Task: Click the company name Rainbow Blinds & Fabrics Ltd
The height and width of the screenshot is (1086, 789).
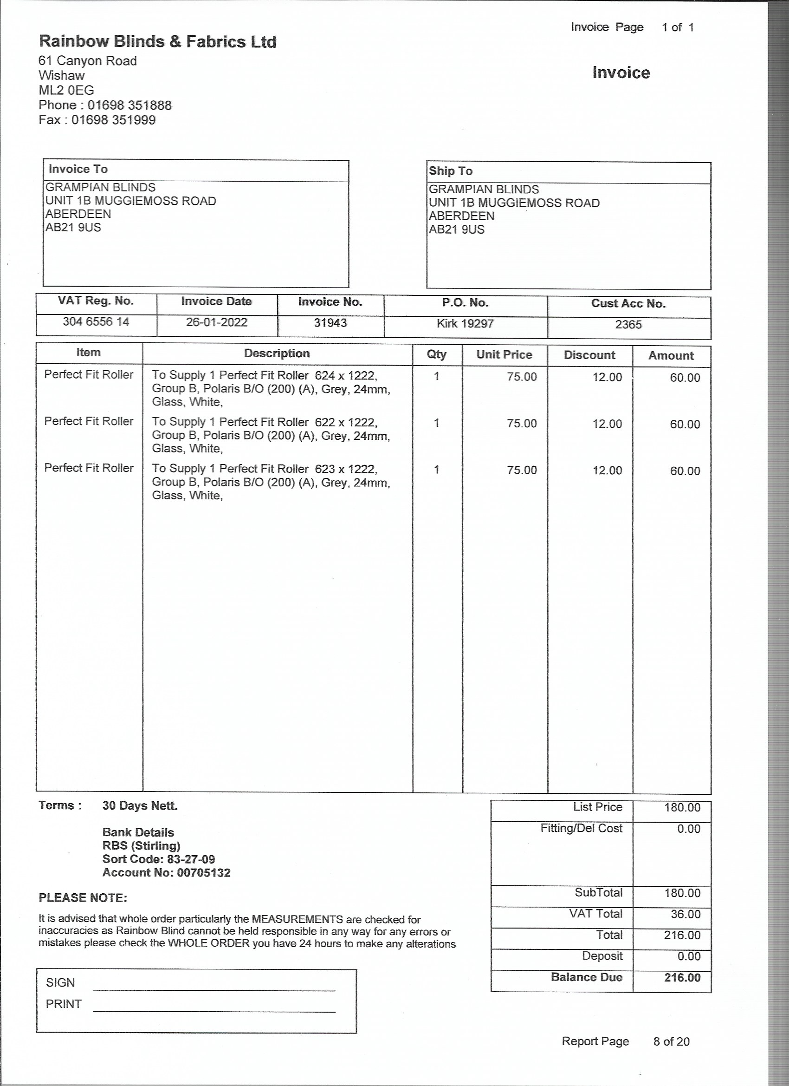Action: [x=157, y=42]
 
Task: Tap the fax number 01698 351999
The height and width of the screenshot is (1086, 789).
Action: [x=113, y=120]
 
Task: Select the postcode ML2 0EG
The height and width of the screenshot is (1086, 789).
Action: [x=66, y=90]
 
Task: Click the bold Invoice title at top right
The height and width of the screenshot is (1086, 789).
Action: [x=621, y=72]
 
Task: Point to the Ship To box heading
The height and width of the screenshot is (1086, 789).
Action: [x=450, y=171]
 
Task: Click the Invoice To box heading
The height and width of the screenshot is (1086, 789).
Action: [x=78, y=169]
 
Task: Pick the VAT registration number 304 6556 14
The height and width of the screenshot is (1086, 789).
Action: [x=96, y=321]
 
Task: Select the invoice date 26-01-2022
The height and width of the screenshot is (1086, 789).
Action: [x=216, y=322]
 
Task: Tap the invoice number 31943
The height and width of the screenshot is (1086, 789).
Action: [x=330, y=323]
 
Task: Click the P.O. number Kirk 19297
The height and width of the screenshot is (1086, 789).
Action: [x=465, y=324]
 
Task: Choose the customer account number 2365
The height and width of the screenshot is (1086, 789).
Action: [x=628, y=325]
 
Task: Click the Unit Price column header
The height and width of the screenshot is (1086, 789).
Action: [x=504, y=354]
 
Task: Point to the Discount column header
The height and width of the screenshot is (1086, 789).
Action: [x=589, y=355]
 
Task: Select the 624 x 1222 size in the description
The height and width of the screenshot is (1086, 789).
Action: [x=345, y=375]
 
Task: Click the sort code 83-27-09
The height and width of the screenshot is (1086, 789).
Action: [x=190, y=859]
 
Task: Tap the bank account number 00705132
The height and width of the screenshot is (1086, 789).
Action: [x=203, y=872]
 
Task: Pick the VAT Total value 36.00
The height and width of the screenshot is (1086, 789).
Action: [x=685, y=914]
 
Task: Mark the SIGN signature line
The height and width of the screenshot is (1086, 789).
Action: [x=214, y=989]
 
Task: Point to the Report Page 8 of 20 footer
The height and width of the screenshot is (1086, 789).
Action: [x=625, y=1041]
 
